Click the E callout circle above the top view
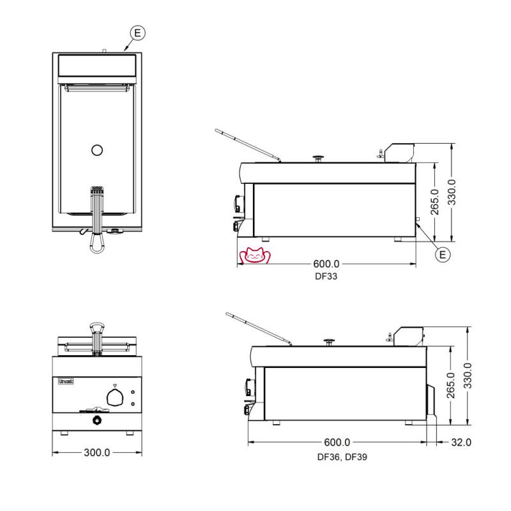click(137, 33)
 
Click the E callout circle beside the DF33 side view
click(443, 254)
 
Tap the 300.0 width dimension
click(97, 452)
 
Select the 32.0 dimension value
click(461, 442)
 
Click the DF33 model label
click(326, 276)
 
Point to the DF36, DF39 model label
click(342, 457)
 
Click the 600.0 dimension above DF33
click(326, 264)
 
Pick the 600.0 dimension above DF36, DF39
click(337, 442)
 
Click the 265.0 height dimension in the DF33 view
click(435, 202)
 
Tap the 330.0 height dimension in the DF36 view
click(468, 376)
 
